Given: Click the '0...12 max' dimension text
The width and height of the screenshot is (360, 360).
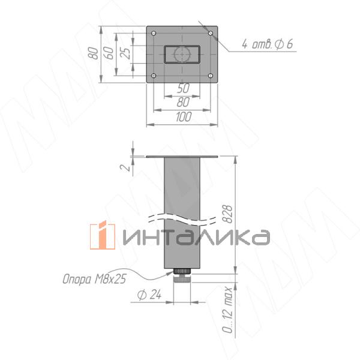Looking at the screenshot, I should [228, 310].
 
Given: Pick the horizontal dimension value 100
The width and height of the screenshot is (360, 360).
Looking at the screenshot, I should [184, 117].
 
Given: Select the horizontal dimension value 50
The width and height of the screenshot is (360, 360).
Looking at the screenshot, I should [184, 88].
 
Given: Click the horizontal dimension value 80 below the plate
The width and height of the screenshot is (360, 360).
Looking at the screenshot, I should [184, 103].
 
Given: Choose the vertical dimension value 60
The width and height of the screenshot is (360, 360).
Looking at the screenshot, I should [109, 53].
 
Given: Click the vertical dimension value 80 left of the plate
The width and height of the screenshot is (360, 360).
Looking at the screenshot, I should [93, 53].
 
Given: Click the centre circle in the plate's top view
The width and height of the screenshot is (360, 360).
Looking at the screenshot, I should [181, 54].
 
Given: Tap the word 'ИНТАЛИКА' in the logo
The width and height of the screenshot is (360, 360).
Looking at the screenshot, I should [195, 237].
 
